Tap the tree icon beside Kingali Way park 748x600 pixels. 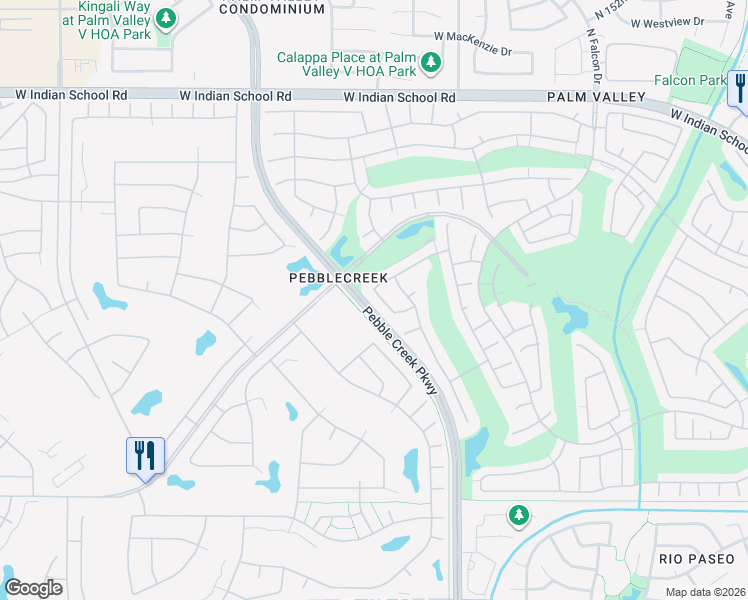[167, 18]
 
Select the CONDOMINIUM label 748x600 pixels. [271, 9]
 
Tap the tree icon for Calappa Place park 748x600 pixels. [431, 64]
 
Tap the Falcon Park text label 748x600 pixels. [689, 80]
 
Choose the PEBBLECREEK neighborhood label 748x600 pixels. [337, 277]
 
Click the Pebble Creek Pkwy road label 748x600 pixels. [400, 350]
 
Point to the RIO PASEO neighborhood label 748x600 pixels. [697, 557]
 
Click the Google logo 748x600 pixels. [33, 588]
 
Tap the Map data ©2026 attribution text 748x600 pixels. [705, 592]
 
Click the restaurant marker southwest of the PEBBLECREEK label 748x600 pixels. [144, 456]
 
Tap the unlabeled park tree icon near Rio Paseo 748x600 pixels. [518, 515]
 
